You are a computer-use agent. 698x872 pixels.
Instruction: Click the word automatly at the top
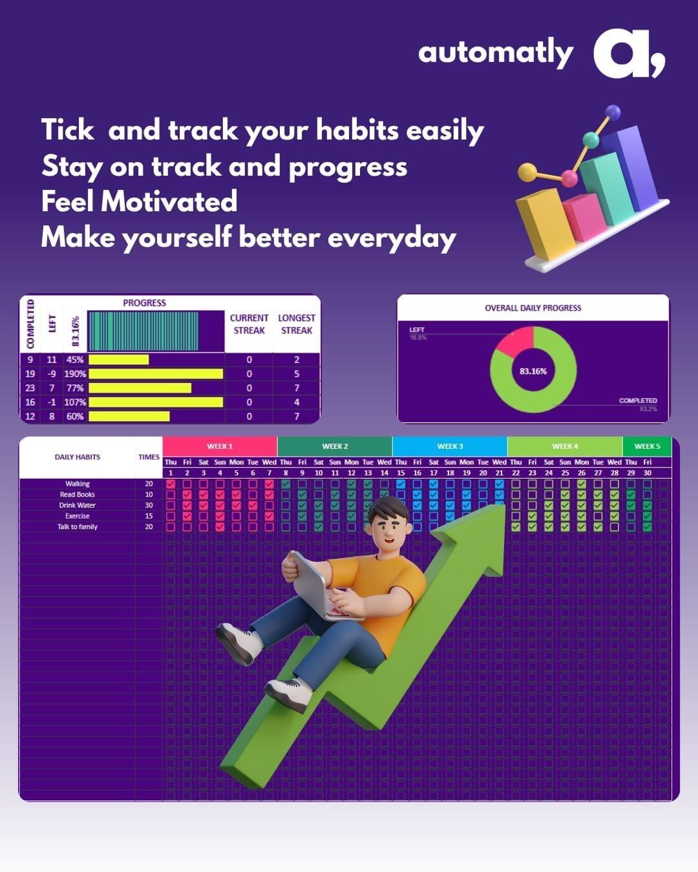(x=495, y=53)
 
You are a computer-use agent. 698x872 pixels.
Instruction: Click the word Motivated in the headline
(x=169, y=202)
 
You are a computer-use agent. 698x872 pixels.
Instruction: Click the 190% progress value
(x=75, y=374)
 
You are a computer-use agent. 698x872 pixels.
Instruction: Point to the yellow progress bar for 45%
(x=118, y=360)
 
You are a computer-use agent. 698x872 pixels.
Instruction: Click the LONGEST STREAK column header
(x=297, y=324)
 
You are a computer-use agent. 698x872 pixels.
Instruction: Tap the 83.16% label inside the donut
(x=533, y=371)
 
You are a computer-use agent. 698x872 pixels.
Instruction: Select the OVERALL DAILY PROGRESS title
(x=533, y=308)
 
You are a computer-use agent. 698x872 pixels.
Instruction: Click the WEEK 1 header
(x=220, y=446)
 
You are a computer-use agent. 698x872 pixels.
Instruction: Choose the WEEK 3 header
(x=450, y=446)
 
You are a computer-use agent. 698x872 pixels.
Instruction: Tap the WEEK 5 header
(x=647, y=446)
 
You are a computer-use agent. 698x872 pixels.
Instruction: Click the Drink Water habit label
(x=78, y=505)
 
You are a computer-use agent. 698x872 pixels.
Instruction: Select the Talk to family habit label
(x=78, y=527)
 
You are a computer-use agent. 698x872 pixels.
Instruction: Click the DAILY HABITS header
(x=78, y=457)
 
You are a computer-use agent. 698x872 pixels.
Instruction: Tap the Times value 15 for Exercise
(x=149, y=516)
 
